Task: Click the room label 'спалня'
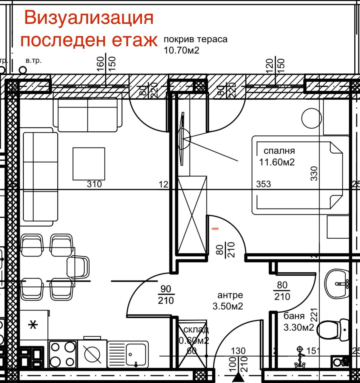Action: [x=279, y=151]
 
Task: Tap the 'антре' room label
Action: [x=230, y=295]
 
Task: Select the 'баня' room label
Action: [x=294, y=316]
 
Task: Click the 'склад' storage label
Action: [x=196, y=330]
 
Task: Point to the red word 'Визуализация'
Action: [x=89, y=18]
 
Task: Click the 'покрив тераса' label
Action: [x=196, y=39]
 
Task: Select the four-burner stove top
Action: [x=62, y=354]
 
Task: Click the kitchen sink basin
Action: [x=136, y=353]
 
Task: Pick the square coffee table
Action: [x=89, y=164]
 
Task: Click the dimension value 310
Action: [x=94, y=184]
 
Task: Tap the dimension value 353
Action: [x=264, y=184]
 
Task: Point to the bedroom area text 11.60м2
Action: [x=277, y=162]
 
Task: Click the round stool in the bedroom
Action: [x=312, y=118]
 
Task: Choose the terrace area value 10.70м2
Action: [x=181, y=50]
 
